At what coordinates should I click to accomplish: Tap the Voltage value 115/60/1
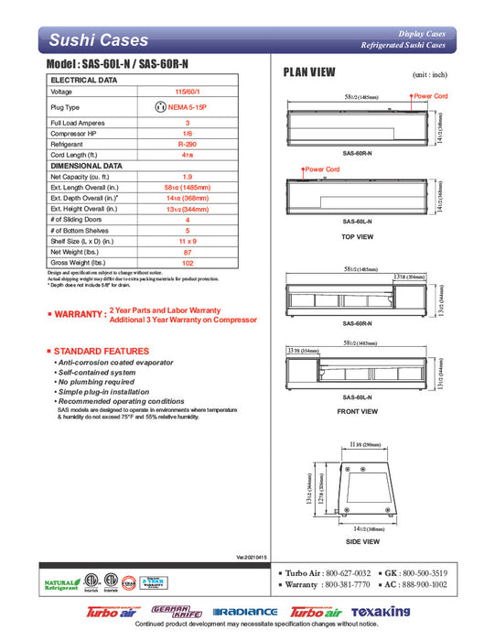[188, 92]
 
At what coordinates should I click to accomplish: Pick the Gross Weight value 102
[188, 262]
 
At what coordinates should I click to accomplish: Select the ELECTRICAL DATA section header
[83, 81]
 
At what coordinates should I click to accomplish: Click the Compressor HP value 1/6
[188, 133]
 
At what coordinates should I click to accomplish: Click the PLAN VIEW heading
[308, 72]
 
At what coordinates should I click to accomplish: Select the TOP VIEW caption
[357, 237]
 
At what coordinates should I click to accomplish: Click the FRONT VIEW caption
[357, 411]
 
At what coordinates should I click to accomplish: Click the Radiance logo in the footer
[244, 613]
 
